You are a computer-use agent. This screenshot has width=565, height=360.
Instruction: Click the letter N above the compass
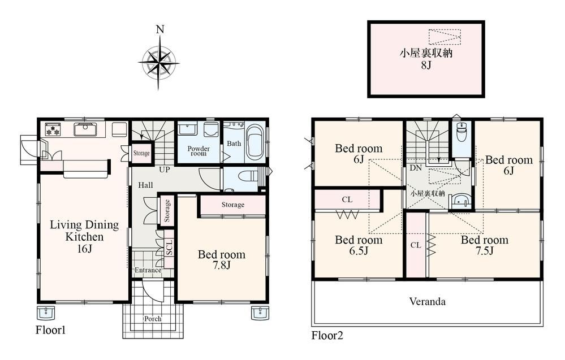click(x=161, y=29)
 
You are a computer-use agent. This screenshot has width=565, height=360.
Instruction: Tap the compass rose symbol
click(x=158, y=63)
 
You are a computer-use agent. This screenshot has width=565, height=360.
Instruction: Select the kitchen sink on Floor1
click(x=85, y=129)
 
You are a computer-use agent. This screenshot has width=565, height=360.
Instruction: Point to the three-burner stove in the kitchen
click(x=53, y=129)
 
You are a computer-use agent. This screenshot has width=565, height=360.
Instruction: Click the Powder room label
click(x=199, y=151)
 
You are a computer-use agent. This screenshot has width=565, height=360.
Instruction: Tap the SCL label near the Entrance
click(x=169, y=248)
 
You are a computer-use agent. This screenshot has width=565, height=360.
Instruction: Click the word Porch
click(x=153, y=319)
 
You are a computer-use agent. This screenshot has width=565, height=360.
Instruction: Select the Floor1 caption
click(x=50, y=329)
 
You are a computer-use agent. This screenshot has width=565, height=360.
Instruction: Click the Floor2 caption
click(x=327, y=336)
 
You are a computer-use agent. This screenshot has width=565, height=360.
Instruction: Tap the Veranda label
click(x=428, y=301)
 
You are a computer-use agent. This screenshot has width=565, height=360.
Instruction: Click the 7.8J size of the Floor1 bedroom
click(x=221, y=265)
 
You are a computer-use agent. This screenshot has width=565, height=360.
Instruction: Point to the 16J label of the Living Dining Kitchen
click(x=84, y=249)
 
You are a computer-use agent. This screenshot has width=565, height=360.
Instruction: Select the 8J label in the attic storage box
click(x=426, y=65)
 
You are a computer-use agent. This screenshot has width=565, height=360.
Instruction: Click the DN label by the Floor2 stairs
click(x=416, y=168)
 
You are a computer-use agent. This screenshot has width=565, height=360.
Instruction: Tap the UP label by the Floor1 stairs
click(x=165, y=170)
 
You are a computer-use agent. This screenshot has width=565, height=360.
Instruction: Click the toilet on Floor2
click(x=462, y=132)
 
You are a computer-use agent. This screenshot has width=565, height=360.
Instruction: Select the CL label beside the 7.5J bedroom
click(x=416, y=245)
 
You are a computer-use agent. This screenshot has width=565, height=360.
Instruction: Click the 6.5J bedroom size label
click(x=359, y=250)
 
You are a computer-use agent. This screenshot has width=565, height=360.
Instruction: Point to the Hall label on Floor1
click(x=145, y=185)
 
